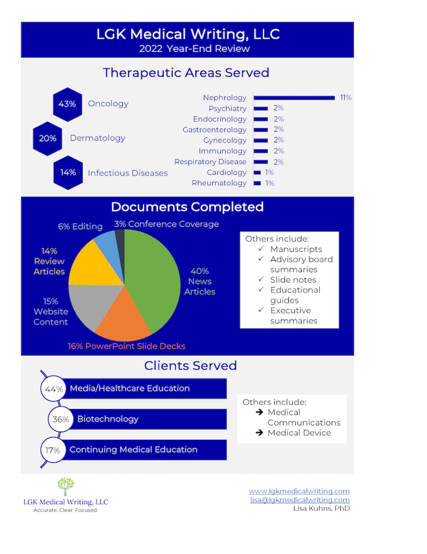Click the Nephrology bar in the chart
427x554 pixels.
[x=294, y=98]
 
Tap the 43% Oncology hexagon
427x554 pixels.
[x=67, y=104]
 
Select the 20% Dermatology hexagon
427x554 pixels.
[x=48, y=139]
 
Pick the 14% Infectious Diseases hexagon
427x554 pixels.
[x=68, y=173]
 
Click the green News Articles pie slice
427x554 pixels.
[x=154, y=276]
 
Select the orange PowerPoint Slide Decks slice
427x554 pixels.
[x=123, y=320]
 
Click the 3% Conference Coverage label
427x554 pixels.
[x=166, y=224]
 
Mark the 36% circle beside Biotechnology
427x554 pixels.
[x=60, y=419]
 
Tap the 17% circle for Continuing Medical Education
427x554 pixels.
[x=53, y=450]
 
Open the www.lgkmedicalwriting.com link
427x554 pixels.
[x=299, y=491]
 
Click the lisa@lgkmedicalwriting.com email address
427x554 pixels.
[x=300, y=500]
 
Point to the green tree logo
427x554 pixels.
[x=66, y=486]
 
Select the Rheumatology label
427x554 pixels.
[x=219, y=183]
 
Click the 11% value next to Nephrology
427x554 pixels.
[x=346, y=98]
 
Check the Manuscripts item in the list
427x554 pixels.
[x=296, y=249]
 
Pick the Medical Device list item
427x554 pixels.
[x=299, y=433]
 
